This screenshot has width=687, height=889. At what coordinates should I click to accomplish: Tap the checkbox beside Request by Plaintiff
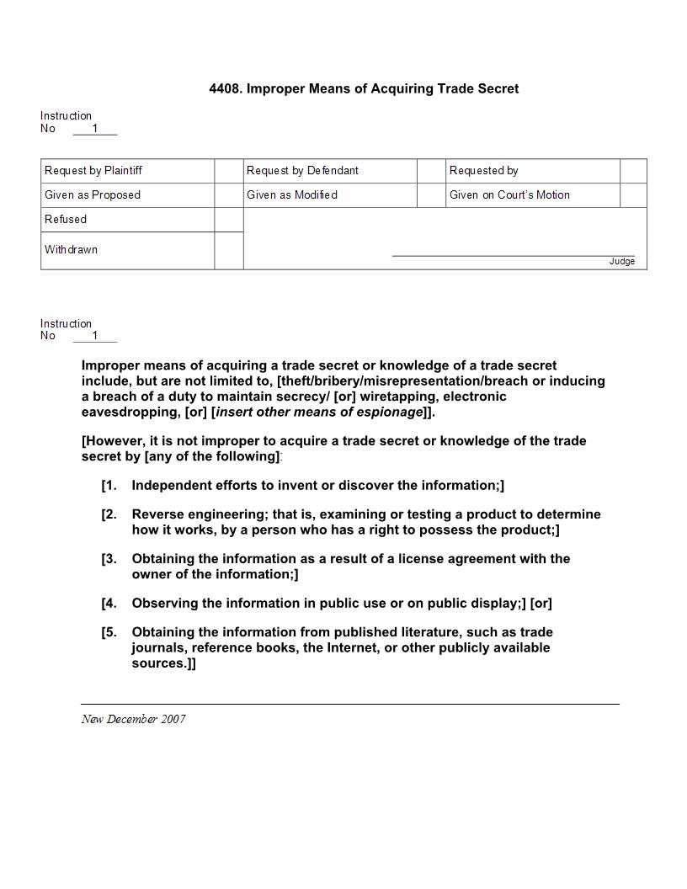pyautogui.click(x=228, y=171)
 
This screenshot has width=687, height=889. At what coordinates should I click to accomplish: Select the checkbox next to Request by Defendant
pyautogui.click(x=430, y=171)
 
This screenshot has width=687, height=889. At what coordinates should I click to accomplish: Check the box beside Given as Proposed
pyautogui.click(x=228, y=195)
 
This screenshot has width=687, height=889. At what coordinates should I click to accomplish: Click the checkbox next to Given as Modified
pyautogui.click(x=430, y=195)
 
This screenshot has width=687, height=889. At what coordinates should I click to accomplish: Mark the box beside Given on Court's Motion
pyautogui.click(x=633, y=195)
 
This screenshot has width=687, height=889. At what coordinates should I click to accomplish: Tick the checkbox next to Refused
pyautogui.click(x=228, y=220)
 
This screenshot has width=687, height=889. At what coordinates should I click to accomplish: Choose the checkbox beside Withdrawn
pyautogui.click(x=228, y=250)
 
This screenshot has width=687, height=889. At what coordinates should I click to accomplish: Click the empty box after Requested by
pyautogui.click(x=633, y=171)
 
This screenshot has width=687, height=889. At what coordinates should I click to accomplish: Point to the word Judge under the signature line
pyautogui.click(x=622, y=262)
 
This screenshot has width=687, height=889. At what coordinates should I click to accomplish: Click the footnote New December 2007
pyautogui.click(x=133, y=719)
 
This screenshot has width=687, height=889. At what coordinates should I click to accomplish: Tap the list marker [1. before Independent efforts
pyautogui.click(x=109, y=486)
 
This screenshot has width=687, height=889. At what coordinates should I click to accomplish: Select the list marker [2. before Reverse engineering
pyautogui.click(x=109, y=514)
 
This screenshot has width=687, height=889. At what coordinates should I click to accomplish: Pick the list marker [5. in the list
pyautogui.click(x=109, y=632)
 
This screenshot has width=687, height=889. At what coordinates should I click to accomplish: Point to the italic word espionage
pyautogui.click(x=390, y=413)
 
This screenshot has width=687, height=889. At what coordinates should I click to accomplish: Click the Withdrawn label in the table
pyautogui.click(x=71, y=250)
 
